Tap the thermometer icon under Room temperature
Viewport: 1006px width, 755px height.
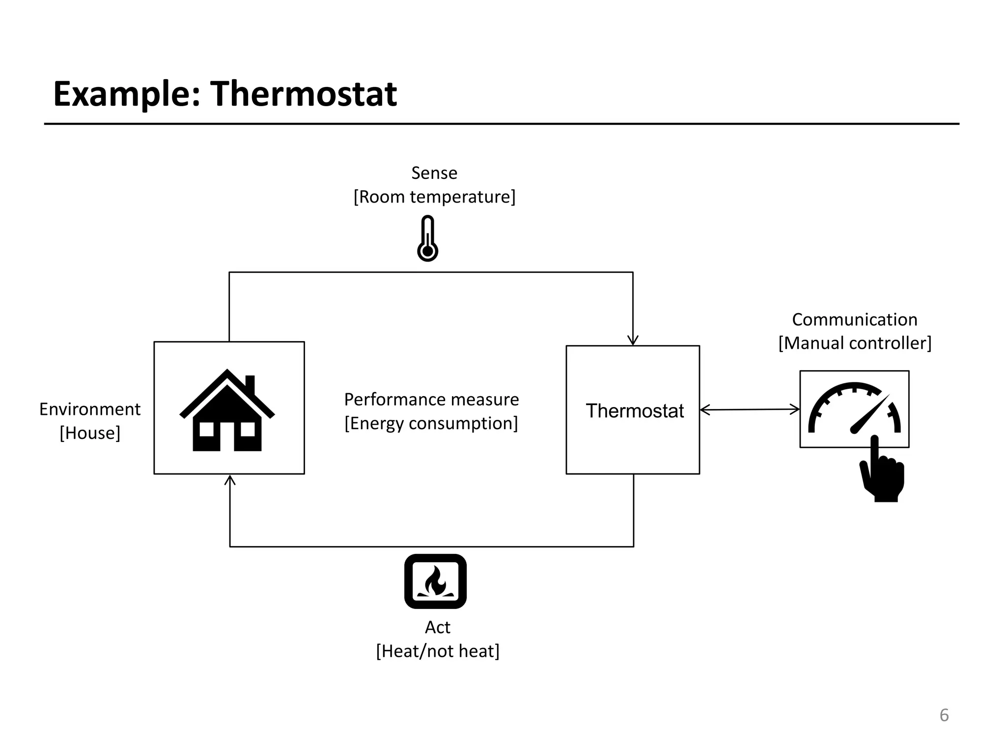coord(427,238)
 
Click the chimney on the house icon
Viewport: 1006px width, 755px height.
coord(250,385)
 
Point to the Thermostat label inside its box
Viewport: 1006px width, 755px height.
coord(634,411)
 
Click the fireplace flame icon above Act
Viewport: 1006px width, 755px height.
coord(435,581)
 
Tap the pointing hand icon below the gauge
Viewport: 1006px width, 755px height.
coord(883,472)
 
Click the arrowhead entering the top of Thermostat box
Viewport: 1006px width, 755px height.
coord(633,340)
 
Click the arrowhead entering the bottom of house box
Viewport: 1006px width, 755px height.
coord(230,480)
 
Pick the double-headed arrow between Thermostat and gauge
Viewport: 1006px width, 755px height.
coord(750,409)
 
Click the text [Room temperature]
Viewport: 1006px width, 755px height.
coord(434,197)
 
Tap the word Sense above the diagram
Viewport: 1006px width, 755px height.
coord(434,173)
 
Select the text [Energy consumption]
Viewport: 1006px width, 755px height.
coord(431,423)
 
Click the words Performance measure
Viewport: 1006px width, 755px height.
coord(431,400)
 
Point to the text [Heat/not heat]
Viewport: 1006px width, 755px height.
coord(437,651)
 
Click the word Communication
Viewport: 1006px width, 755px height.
coord(854,319)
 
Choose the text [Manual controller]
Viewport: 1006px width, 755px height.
coord(854,343)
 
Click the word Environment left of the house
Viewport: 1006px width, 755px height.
coord(90,409)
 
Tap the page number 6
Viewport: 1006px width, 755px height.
coord(944,715)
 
